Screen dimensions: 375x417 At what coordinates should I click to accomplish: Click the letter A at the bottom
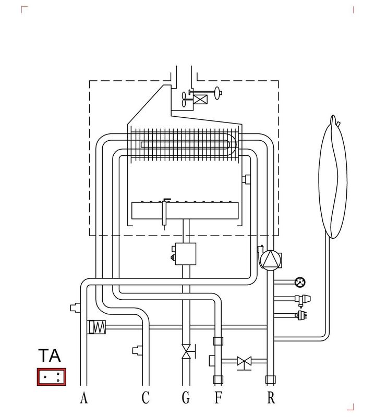tap(84, 398)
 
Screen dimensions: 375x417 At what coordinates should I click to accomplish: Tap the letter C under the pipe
tap(146, 398)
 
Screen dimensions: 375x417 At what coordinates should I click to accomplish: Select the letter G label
tap(186, 398)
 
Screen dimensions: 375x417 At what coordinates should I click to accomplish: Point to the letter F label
tap(218, 398)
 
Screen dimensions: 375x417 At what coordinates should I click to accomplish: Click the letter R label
tap(271, 398)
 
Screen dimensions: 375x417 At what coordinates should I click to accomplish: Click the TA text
tap(50, 355)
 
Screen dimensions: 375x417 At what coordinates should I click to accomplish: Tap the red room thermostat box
tap(51, 376)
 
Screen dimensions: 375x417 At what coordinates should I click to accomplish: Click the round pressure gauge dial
tap(300, 282)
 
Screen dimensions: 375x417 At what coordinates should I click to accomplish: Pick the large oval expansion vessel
tap(333, 177)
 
